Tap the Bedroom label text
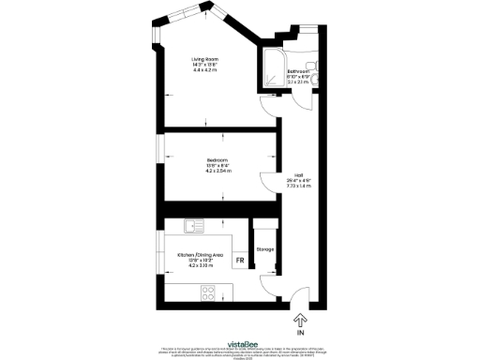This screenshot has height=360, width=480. point(217,160)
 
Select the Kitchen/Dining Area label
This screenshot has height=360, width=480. point(201,254)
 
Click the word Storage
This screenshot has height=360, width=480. point(264,249)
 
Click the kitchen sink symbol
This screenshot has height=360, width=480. point(193,225)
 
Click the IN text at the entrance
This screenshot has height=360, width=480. point(301,332)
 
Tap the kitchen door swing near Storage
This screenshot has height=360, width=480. point(269,285)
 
